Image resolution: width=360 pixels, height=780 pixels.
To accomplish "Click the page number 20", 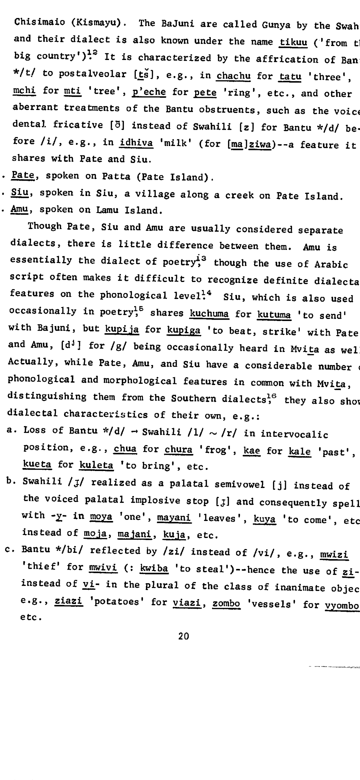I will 184,636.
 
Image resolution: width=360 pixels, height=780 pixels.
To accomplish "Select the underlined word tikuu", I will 293,42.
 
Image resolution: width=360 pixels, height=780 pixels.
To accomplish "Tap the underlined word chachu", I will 233,76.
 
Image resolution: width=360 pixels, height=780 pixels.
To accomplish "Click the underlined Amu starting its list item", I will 19,209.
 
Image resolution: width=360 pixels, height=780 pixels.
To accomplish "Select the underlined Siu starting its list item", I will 19,192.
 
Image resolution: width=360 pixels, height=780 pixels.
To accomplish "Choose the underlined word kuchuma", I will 209,313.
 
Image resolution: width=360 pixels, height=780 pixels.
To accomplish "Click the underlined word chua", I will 125,449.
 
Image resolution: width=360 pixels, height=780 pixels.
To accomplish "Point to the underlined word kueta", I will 37,464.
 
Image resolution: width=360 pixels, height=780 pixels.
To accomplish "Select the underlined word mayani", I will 174,518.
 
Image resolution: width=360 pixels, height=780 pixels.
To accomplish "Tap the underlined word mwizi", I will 334,555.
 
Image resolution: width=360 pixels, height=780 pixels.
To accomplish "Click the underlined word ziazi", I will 68,601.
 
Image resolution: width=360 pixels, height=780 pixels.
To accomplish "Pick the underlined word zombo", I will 226,603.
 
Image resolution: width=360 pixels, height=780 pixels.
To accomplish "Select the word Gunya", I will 276,25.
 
